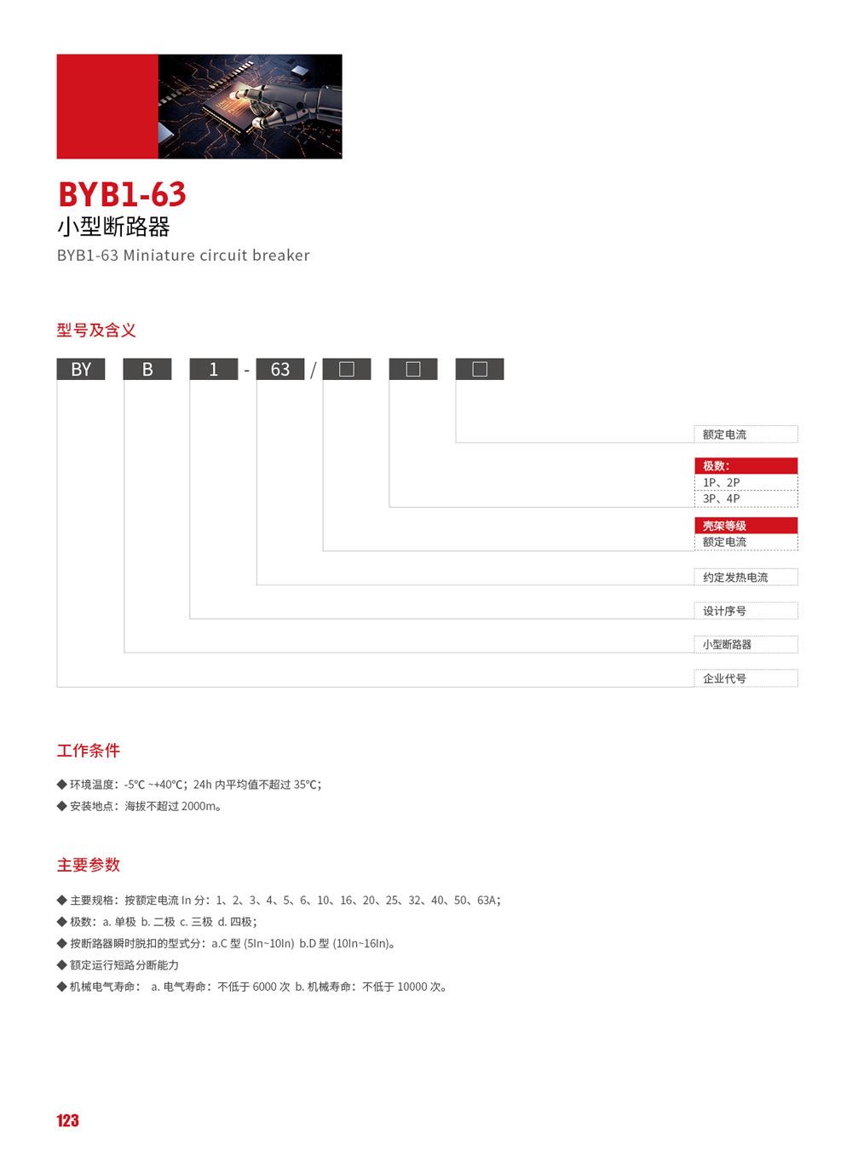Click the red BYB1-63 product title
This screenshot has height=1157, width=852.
123,194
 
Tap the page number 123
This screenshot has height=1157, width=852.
67,1120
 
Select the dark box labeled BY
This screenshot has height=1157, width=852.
81,369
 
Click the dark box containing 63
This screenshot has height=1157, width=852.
280,369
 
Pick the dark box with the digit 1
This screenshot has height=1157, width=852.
213,369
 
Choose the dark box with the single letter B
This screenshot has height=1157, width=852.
147,369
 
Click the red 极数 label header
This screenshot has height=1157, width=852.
746,465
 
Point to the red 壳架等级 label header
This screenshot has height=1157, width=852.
746,526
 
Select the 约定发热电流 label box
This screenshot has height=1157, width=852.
746,577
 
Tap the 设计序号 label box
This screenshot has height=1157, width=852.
746,611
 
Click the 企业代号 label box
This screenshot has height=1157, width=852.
746,678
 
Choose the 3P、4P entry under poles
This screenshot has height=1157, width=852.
722,498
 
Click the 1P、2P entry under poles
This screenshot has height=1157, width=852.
722,482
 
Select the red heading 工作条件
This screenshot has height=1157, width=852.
89,751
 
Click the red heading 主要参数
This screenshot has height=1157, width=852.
89,865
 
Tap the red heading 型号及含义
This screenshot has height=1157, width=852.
96,330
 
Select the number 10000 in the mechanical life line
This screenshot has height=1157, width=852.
412,987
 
